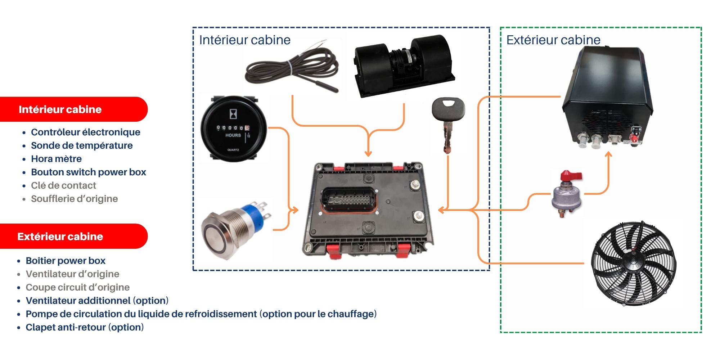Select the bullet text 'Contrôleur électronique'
tap(86, 132)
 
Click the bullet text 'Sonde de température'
tap(82, 145)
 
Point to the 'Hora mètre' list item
tap(56, 159)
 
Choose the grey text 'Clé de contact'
tap(63, 185)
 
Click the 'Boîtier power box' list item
tap(66, 261)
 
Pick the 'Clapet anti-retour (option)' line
tap(85, 327)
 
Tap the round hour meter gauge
tap(233, 129)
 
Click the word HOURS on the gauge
tap(233, 135)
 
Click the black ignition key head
tap(448, 108)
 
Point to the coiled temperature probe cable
tap(292, 70)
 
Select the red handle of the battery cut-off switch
tap(571, 176)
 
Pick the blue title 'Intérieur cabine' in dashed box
tap(245, 40)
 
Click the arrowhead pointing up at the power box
tap(608, 155)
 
